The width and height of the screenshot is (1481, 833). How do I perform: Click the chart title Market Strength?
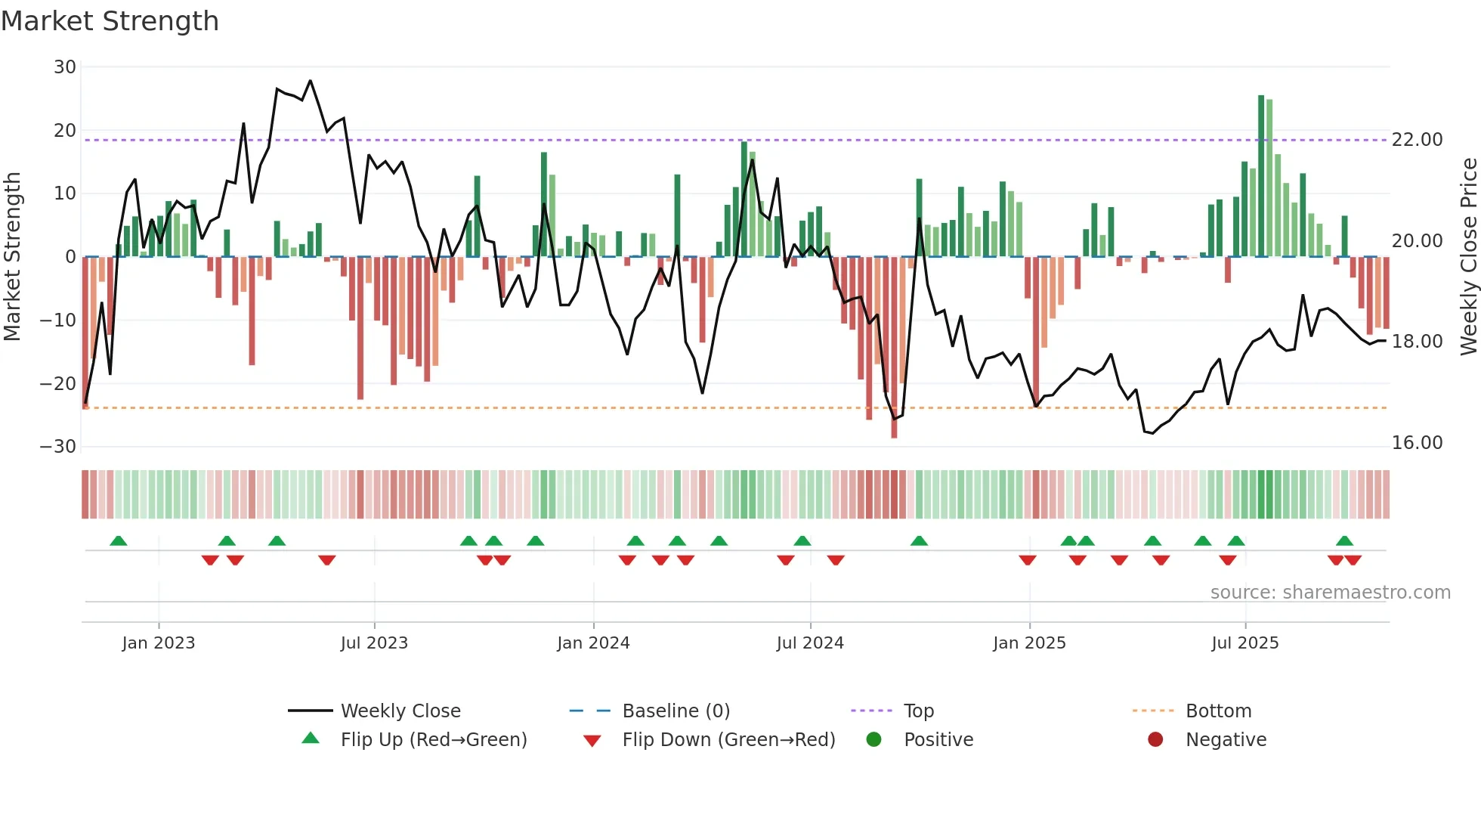click(110, 21)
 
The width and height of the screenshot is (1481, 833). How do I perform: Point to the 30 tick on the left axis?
click(65, 67)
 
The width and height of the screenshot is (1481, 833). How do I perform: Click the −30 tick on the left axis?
click(58, 447)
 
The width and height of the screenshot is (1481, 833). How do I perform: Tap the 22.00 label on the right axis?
click(1417, 140)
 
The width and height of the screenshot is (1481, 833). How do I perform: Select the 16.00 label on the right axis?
click(1417, 443)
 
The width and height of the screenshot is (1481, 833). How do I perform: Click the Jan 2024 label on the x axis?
click(593, 643)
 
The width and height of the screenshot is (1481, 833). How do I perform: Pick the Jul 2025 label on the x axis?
click(1244, 643)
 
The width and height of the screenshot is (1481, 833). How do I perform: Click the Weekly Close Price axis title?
click(1468, 257)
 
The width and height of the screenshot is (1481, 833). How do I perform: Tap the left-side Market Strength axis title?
click(13, 257)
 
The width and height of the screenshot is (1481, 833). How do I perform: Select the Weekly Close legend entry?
click(400, 711)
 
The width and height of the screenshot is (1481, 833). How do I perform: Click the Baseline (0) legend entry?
click(676, 711)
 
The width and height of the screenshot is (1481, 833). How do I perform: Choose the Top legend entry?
click(918, 711)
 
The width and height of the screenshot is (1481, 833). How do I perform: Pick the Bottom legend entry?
click(1218, 711)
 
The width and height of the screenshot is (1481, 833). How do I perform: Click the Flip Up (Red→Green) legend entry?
click(433, 740)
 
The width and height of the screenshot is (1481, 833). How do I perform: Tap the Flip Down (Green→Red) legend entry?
click(728, 740)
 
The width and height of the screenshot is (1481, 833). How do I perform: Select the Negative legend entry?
click(1225, 740)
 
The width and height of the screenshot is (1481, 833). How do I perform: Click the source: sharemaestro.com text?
click(1330, 593)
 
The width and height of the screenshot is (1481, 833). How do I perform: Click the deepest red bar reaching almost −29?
click(894, 348)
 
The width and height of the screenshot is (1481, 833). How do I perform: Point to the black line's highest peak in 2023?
click(310, 81)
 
